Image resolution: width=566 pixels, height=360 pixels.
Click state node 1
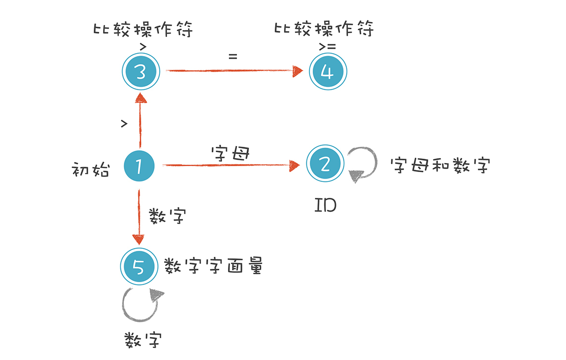point(139,166)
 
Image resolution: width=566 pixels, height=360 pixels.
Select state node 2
point(325,164)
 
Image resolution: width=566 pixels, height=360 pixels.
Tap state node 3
point(140,72)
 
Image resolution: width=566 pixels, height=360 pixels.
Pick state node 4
point(328,72)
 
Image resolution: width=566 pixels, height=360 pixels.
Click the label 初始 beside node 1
point(91,170)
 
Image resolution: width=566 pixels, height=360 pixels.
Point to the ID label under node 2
point(325,205)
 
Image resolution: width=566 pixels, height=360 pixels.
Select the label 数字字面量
point(213,266)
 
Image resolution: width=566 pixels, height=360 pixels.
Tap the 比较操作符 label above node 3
point(143,29)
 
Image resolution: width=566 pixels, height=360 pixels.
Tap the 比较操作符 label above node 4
point(324,29)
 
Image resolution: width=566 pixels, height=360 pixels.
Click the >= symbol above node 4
point(328,47)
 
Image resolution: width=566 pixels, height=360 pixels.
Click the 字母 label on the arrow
point(229,153)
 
